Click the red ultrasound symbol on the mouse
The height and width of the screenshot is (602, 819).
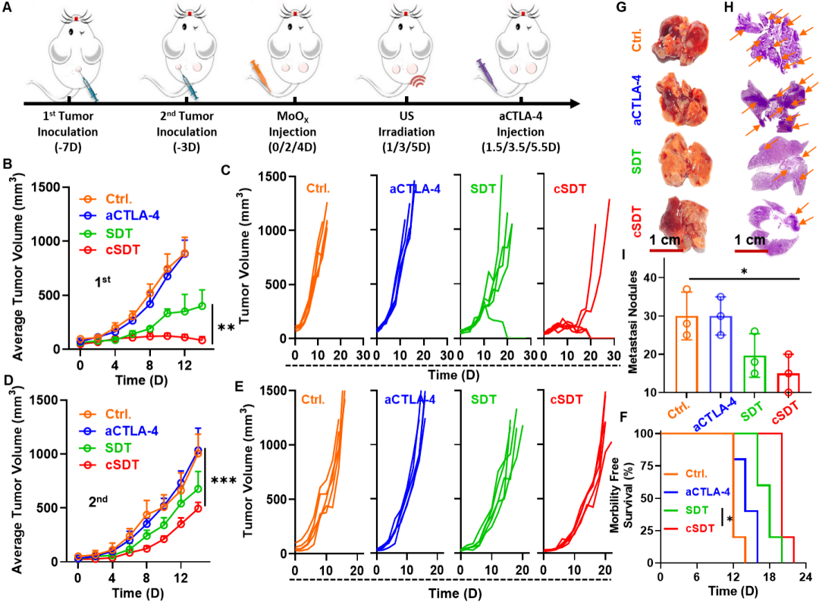point(414,79)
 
